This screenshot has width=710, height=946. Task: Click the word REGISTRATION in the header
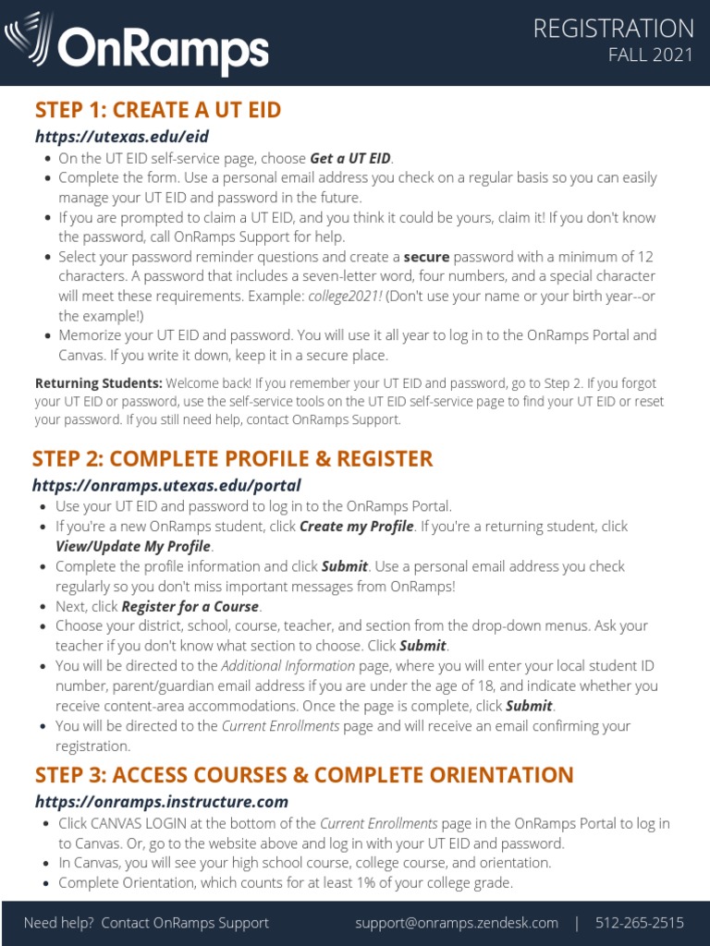coord(613,29)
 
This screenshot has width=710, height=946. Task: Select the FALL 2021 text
coord(650,55)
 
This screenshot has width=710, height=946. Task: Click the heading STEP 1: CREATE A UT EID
coord(158,111)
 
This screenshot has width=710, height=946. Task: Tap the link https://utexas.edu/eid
coord(122,137)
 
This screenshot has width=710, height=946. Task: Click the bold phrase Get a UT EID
coord(350,158)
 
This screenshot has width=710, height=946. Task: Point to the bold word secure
coord(426,257)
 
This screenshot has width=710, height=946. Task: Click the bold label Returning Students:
coord(99,382)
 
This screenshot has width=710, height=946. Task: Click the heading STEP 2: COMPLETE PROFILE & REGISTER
coord(232,459)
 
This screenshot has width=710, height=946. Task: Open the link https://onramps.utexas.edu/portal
coord(166,485)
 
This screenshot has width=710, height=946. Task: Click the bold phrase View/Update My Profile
coord(132,546)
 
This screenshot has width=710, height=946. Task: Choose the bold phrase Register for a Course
coord(190,607)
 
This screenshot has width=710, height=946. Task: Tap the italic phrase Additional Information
coord(288,666)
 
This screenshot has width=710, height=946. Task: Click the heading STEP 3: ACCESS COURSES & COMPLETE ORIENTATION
coord(304,775)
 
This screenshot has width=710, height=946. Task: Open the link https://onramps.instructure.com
coord(162,802)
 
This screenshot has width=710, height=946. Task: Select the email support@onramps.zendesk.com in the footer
coord(457,923)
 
